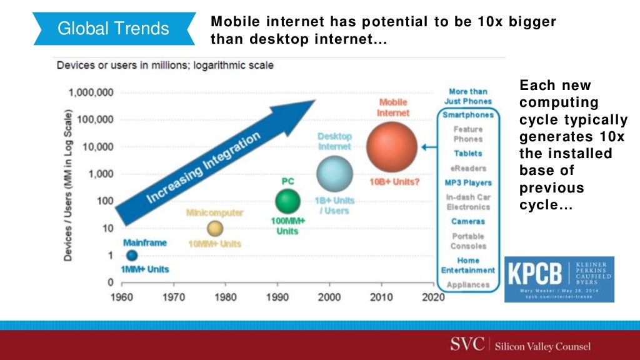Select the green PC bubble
point(287,201)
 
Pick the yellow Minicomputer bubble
point(215,228)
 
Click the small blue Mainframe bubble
point(132,255)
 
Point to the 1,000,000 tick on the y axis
point(92,92)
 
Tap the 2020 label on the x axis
point(434,297)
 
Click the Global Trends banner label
point(113,29)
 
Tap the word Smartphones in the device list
point(468,115)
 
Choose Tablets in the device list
point(468,153)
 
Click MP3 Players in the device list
point(468,182)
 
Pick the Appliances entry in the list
point(468,284)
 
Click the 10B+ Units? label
point(392,182)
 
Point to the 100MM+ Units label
point(287,227)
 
